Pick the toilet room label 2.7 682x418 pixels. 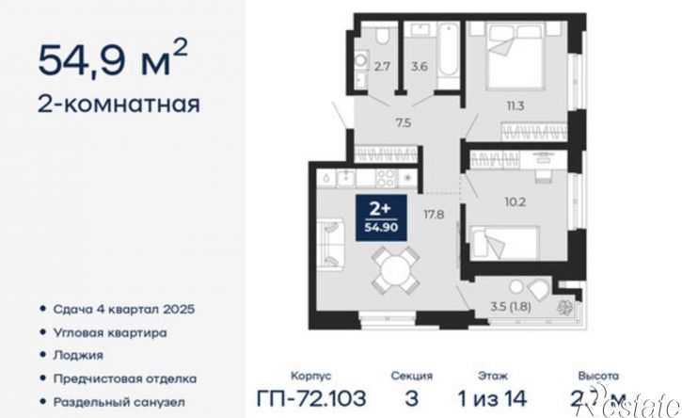(382, 67)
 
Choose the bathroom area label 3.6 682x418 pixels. (420, 67)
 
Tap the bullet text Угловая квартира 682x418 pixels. (111, 332)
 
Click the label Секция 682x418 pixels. (411, 374)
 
